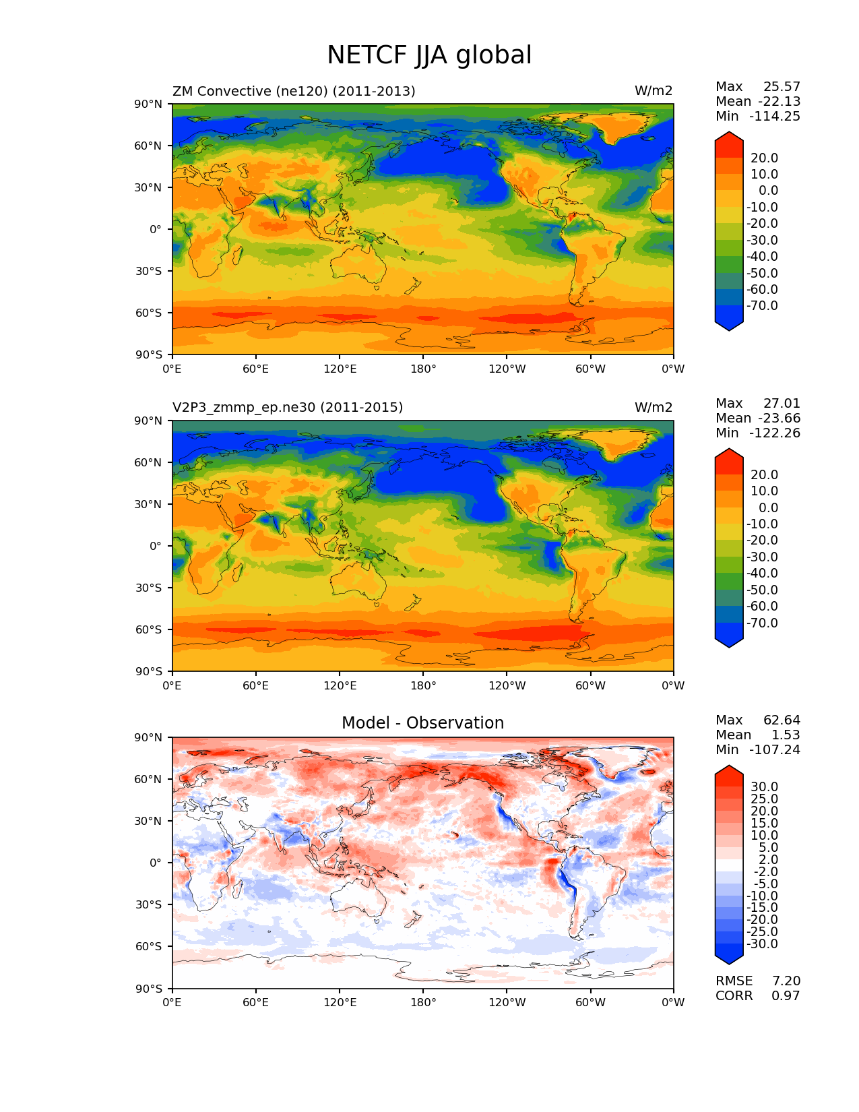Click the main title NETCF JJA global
pyautogui.click(x=429, y=55)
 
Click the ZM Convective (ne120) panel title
pyautogui.click(x=294, y=91)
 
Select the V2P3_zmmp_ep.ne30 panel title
pyautogui.click(x=288, y=408)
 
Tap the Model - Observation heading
pyautogui.click(x=422, y=723)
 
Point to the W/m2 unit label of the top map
pyautogui.click(x=653, y=91)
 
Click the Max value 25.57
pyautogui.click(x=782, y=87)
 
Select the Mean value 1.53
pyautogui.click(x=786, y=735)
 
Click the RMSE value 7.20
pyautogui.click(x=786, y=981)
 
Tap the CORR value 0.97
pyautogui.click(x=786, y=996)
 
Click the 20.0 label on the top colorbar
pyautogui.click(x=764, y=158)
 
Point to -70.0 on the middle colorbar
pyautogui.click(x=762, y=623)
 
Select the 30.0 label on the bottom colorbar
pyautogui.click(x=764, y=787)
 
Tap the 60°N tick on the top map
pyautogui.click(x=149, y=146)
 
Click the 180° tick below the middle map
pyautogui.click(x=423, y=686)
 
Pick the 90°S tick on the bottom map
pyautogui.click(x=149, y=989)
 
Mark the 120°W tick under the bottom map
pyautogui.click(x=507, y=1003)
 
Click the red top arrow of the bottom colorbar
pyautogui.click(x=729, y=772)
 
